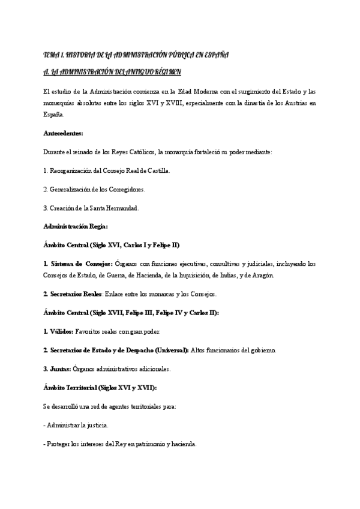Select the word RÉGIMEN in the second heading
coord(173,72)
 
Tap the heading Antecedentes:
coord(64,133)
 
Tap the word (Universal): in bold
coord(170,350)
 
